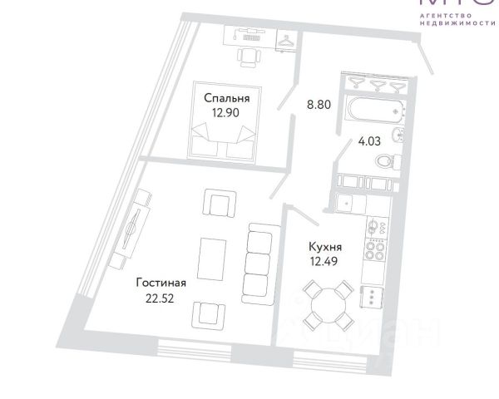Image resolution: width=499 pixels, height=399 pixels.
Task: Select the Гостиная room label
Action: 161,283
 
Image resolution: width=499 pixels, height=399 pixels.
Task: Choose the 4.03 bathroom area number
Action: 368,140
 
